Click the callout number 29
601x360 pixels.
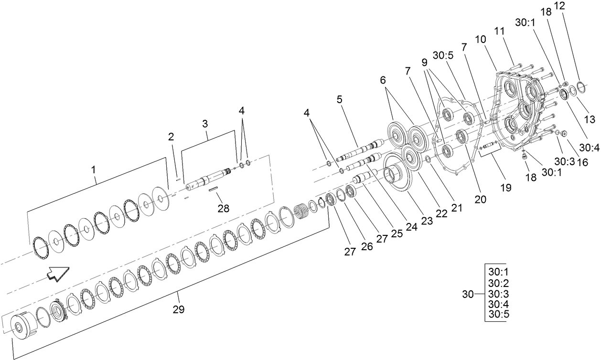(179, 309)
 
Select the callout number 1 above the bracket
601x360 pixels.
(93, 169)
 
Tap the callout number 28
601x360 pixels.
(223, 208)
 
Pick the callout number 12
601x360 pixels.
(559, 6)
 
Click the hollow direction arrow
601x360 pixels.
(58, 274)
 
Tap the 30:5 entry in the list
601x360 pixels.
(498, 315)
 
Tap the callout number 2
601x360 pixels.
(171, 137)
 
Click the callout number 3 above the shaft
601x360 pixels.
(204, 123)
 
